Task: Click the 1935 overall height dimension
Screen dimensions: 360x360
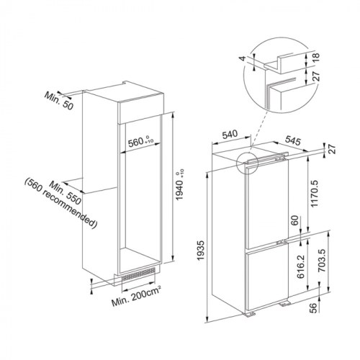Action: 201,250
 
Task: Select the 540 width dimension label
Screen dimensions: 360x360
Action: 230,135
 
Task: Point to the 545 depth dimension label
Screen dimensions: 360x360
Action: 293,140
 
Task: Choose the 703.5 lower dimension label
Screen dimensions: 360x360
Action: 322,260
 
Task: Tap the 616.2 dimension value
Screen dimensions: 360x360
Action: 300,266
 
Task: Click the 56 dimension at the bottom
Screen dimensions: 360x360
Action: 312,307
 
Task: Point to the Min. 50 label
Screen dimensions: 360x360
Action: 58,101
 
